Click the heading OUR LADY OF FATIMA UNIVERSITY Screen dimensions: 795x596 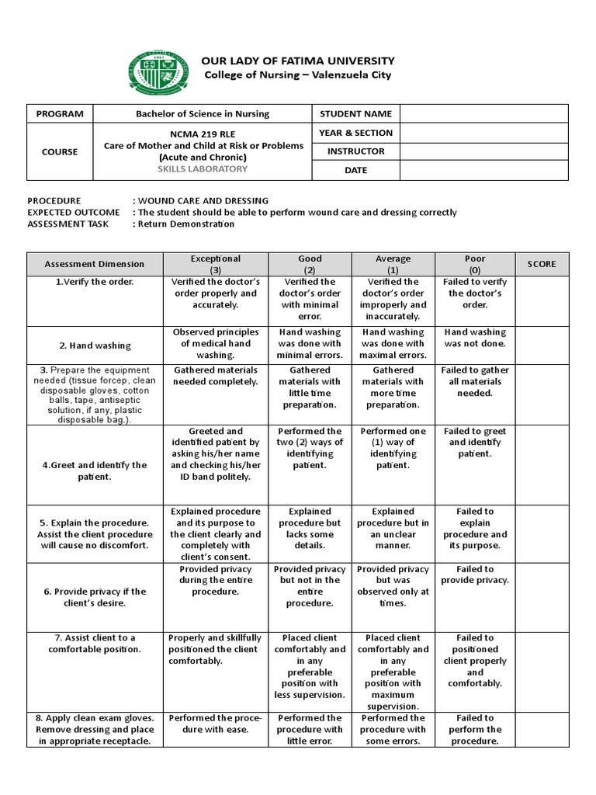point(298,61)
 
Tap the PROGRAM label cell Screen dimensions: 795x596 point(60,113)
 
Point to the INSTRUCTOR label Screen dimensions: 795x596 point(355,151)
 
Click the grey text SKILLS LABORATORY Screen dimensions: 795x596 point(203,169)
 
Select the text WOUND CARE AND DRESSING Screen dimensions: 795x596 point(203,200)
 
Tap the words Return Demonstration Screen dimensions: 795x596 point(186,224)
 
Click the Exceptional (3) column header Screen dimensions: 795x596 point(216,264)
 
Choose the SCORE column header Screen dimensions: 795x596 point(542,264)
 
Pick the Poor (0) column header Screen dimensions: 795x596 point(475,264)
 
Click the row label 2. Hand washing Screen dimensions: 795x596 point(95,345)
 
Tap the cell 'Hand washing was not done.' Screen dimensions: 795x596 point(475,338)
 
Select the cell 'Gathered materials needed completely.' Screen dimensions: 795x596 point(216,376)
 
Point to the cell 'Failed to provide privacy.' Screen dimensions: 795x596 point(475,575)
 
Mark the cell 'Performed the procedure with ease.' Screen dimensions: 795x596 point(216,724)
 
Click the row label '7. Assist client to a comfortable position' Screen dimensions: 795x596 point(95,643)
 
